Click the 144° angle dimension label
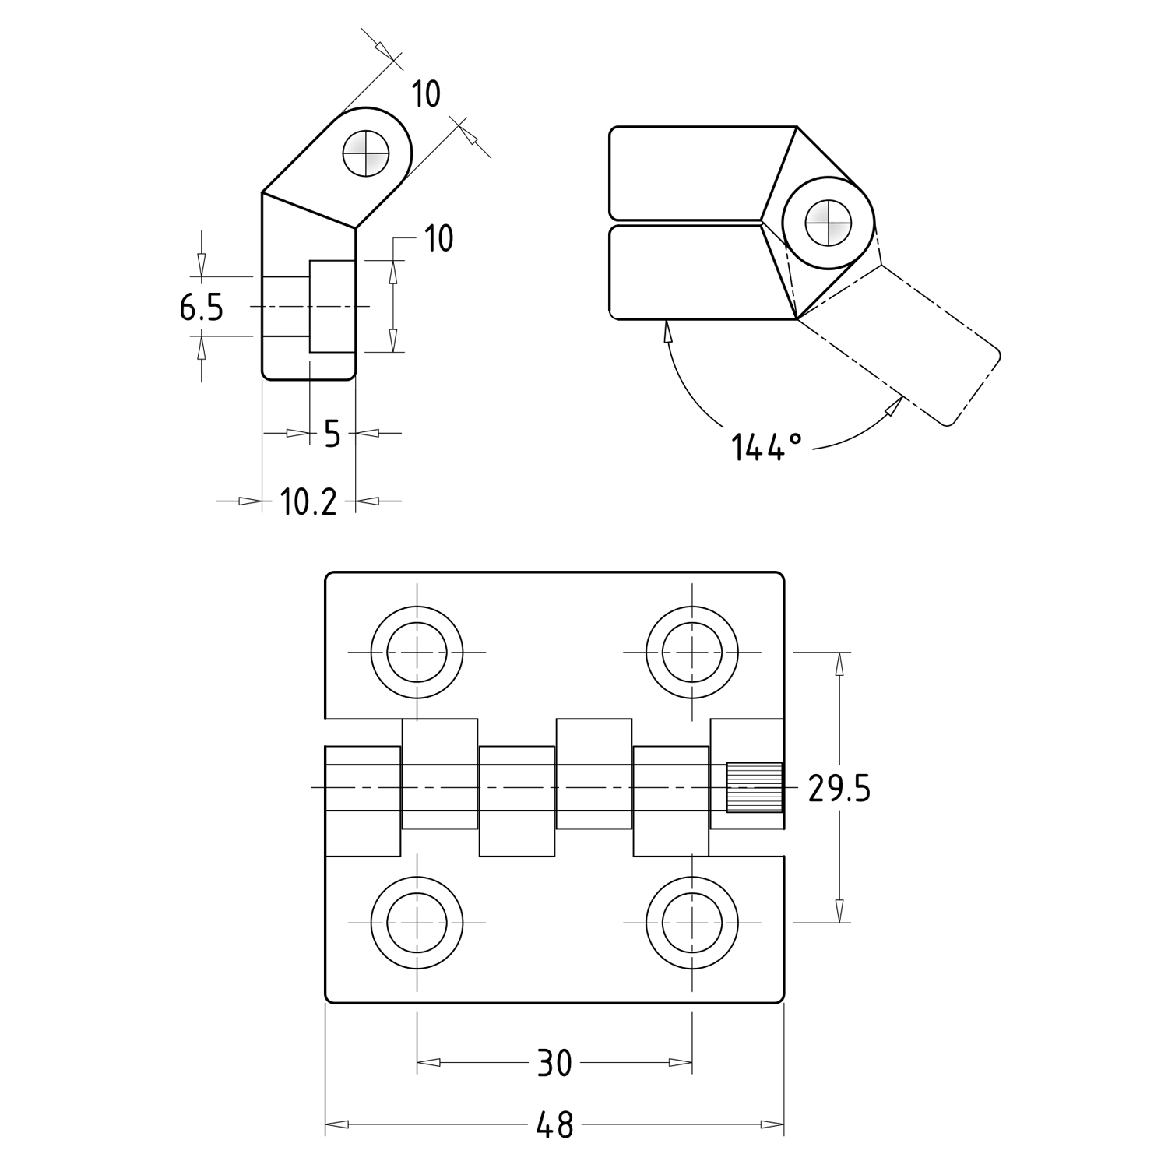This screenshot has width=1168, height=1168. click(766, 447)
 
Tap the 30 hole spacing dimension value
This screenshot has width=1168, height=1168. click(554, 1062)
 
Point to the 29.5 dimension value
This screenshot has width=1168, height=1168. click(839, 789)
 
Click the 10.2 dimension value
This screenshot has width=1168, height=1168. click(308, 502)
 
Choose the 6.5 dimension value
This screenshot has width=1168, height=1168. click(201, 308)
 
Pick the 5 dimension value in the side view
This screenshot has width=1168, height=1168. click(332, 434)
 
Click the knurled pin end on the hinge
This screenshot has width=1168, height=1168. click(755, 787)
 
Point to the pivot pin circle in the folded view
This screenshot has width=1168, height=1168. click(827, 223)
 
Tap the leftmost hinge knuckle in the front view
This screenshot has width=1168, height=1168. click(362, 800)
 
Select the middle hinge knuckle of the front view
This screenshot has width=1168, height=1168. click(516, 800)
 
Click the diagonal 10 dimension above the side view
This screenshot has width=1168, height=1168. click(425, 94)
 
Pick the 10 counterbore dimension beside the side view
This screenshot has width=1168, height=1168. click(438, 237)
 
